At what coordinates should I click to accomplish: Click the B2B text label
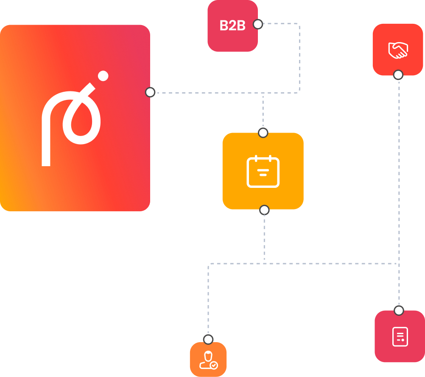pos(232,26)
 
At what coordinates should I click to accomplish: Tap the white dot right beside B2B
pos(257,24)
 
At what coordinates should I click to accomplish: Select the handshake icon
pos(398,50)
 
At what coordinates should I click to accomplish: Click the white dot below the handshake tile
pos(398,75)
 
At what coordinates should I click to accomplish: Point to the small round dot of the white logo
pos(103,76)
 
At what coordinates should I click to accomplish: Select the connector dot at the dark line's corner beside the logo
pos(150,92)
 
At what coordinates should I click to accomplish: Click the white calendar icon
pos(263,172)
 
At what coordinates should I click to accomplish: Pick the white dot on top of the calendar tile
pos(263,133)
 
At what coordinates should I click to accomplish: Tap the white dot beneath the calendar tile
pos(264,210)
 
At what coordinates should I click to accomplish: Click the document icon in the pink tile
pos(400,337)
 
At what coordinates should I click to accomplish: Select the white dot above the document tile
pos(399,310)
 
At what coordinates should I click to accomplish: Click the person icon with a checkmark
pos(208,360)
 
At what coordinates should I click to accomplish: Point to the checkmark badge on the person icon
pos(214,365)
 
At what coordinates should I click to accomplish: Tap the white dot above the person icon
pos(208,339)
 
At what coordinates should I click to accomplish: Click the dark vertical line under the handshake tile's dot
pos(395,149)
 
